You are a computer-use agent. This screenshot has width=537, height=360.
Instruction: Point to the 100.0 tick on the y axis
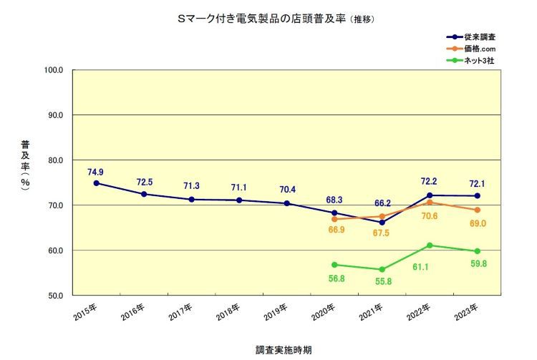pyautogui.click(x=54, y=70)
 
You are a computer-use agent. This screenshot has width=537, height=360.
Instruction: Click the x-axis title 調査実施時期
pyautogui.click(x=284, y=351)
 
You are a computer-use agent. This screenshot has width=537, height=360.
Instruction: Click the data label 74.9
pyautogui.click(x=96, y=172)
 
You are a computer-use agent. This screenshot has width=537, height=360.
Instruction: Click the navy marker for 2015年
pyautogui.click(x=96, y=183)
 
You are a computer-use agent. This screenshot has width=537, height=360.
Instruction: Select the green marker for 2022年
pyautogui.click(x=430, y=245)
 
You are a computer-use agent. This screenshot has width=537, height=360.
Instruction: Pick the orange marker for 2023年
pyautogui.click(x=477, y=210)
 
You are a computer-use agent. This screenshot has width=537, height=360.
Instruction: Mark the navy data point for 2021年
pyautogui.click(x=382, y=223)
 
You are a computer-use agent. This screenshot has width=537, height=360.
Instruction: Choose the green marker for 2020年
pyautogui.click(x=334, y=265)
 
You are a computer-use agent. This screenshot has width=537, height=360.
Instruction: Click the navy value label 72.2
pyautogui.click(x=430, y=183)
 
